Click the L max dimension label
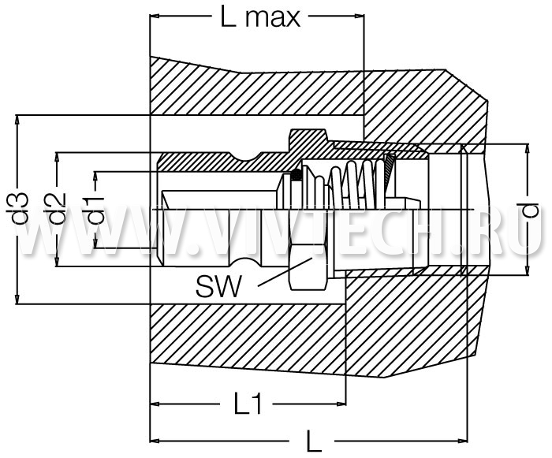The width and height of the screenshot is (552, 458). tap(260, 17)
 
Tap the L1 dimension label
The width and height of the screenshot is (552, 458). tap(248, 404)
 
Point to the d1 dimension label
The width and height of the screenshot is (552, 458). tap(95, 210)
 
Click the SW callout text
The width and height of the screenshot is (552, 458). tap(219, 286)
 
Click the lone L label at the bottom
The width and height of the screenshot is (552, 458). tap(314, 441)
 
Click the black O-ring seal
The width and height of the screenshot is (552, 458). tap(297, 174)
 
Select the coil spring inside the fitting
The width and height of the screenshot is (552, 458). tap(357, 184)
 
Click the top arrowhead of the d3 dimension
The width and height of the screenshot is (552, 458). tap(17, 120)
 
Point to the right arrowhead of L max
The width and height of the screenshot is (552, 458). tap(359, 16)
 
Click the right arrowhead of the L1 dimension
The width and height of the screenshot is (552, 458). tap(341, 404)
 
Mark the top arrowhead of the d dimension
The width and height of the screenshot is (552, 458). tap(527, 148)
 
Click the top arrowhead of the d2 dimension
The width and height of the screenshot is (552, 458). tap(57, 158)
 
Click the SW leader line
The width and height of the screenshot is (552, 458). tap(285, 272)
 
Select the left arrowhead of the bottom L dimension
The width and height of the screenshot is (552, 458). tap(155, 441)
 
